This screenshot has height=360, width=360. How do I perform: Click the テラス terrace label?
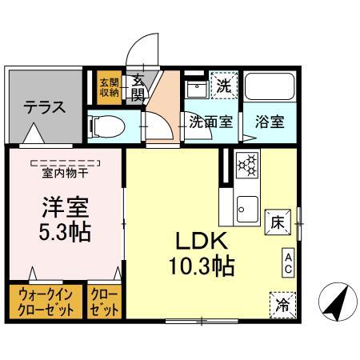(x=45, y=107)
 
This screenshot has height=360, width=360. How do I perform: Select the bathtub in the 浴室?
(x=270, y=86)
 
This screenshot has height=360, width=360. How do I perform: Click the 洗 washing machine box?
(x=223, y=85)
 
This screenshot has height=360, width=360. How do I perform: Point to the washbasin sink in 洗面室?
(x=198, y=89)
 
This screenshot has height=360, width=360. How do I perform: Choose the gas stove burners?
(x=247, y=165)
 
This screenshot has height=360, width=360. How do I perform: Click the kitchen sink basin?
(x=247, y=210)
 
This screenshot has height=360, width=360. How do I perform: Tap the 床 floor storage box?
(x=278, y=222)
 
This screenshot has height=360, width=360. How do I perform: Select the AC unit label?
(x=288, y=263)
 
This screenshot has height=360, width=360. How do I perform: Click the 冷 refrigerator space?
(x=283, y=305)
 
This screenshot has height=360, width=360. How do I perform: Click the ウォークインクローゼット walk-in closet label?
(x=46, y=302)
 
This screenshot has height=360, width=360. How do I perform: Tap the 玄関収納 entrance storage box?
(x=110, y=87)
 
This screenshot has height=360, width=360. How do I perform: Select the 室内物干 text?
(x=65, y=174)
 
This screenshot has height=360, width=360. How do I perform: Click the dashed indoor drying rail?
(x=66, y=163)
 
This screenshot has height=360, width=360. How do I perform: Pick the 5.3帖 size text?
(x=65, y=232)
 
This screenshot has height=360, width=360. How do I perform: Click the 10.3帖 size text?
(x=202, y=266)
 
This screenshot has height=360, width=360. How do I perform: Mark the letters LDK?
(x=202, y=241)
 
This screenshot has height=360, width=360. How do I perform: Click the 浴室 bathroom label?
(x=270, y=122)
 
